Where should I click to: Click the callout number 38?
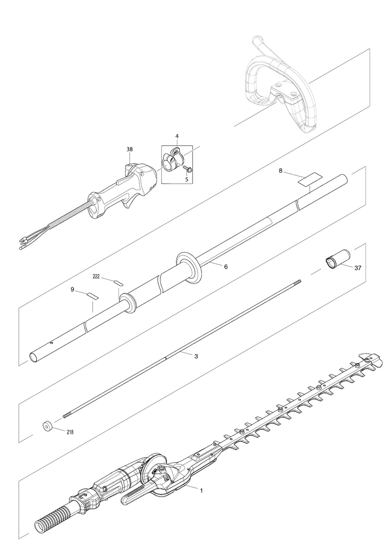[129, 150]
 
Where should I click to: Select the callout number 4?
[177, 136]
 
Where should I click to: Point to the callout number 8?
[280, 171]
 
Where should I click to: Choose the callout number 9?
[72, 289]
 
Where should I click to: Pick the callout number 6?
[216, 267]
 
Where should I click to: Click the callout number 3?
[196, 356]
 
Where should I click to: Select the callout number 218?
[70, 432]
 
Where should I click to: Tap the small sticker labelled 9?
[93, 295]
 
